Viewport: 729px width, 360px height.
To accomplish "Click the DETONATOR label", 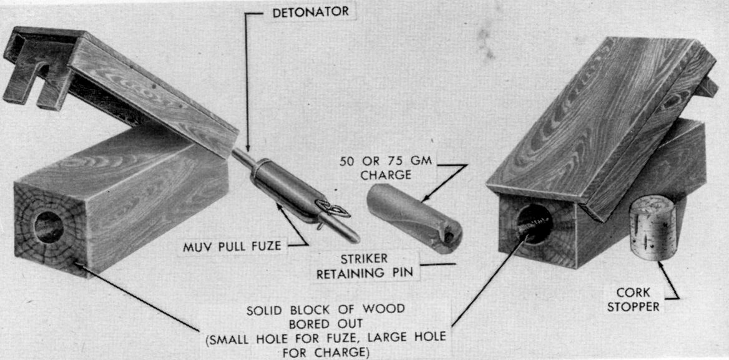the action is (311, 12).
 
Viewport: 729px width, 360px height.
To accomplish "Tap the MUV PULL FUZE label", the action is (232, 246).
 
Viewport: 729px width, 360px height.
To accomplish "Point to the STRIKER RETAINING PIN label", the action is (364, 266).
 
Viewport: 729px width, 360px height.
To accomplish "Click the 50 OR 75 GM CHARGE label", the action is (386, 168).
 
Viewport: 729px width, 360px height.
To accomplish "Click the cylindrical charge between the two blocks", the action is (413, 217).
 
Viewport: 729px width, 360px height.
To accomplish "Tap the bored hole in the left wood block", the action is (49, 226).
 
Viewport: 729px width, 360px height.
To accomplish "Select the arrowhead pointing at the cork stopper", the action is (660, 266).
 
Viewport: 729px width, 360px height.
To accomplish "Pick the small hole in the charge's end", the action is (449, 237).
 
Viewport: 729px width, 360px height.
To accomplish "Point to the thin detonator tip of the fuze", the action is (242, 158).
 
